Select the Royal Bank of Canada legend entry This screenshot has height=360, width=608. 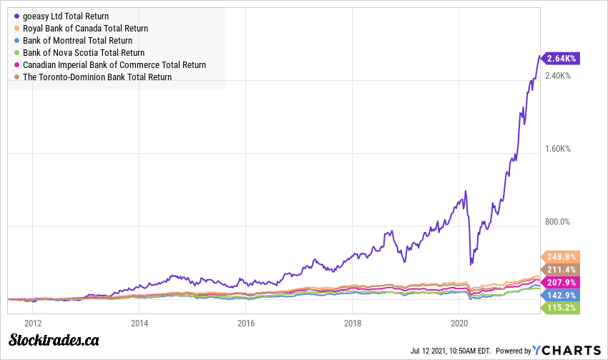coord(85,28)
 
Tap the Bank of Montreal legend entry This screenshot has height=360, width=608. coord(77,40)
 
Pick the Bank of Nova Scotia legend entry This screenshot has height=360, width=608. coord(83,52)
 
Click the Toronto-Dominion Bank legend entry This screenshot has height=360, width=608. coord(97,77)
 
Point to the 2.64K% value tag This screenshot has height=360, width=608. coord(562,59)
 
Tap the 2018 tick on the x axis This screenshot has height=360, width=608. coord(352,323)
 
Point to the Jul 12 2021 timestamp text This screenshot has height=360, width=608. coord(450,351)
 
